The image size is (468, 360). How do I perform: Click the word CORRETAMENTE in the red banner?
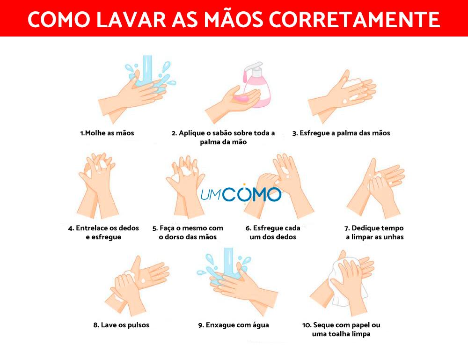click(x=354, y=20)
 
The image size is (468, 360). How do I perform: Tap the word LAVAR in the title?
click(x=132, y=20)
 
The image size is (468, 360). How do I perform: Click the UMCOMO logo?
click(x=241, y=194)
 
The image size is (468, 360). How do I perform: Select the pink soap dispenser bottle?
click(x=256, y=85)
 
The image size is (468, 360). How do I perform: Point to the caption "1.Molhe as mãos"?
click(x=107, y=133)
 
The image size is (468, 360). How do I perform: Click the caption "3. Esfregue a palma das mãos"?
click(x=341, y=133)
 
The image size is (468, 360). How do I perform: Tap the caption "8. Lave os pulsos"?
click(x=121, y=325)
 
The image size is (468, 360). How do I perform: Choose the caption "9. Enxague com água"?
click(x=234, y=325)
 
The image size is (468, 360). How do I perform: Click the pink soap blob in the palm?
click(x=242, y=98)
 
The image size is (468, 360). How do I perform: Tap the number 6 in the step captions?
click(x=248, y=228)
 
